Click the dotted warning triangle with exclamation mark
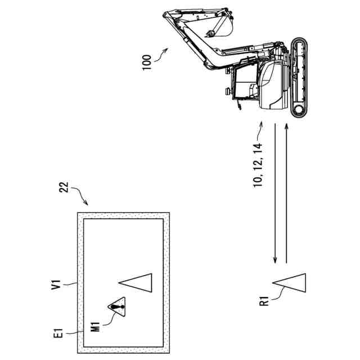click(117, 307)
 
